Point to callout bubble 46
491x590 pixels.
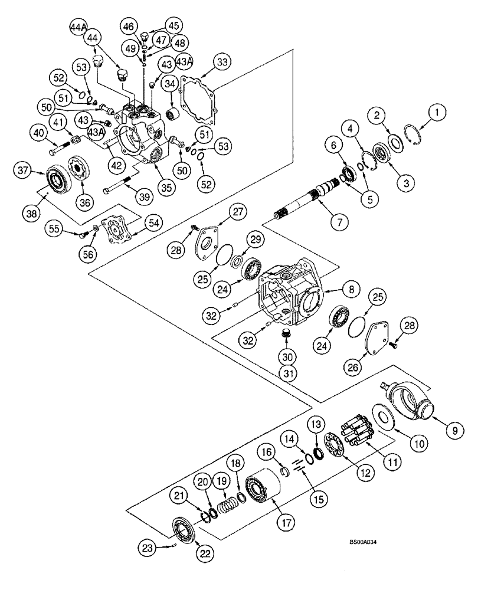click(129, 26)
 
